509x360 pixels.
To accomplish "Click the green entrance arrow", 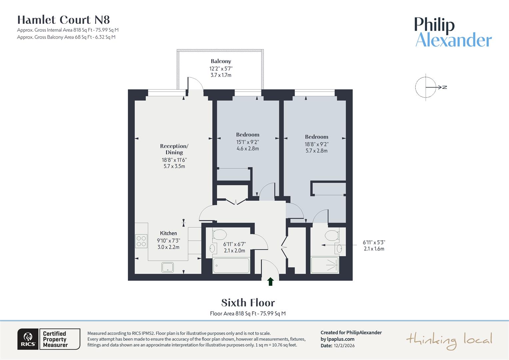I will (270, 282).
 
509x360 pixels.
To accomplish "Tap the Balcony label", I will (221, 61).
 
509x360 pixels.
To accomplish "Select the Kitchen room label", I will (168, 233).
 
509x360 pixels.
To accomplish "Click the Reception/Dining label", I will (174, 149).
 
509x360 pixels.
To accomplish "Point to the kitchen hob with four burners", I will (141, 241).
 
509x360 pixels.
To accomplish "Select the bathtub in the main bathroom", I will (231, 266).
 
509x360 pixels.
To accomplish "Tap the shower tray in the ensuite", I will (325, 265).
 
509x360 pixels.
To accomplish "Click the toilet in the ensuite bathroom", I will (332, 235).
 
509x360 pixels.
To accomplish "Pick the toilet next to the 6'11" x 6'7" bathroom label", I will (220, 235).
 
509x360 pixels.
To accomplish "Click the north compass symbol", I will (426, 87).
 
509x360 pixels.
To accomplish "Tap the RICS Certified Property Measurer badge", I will (49, 339).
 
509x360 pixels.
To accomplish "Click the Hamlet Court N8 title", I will (64, 20).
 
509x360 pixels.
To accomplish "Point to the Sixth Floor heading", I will (248, 303).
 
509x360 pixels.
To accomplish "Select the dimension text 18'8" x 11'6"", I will (174, 160).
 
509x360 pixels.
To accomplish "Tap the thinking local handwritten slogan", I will (449, 340).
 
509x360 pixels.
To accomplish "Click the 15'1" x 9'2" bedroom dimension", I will (248, 142).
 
